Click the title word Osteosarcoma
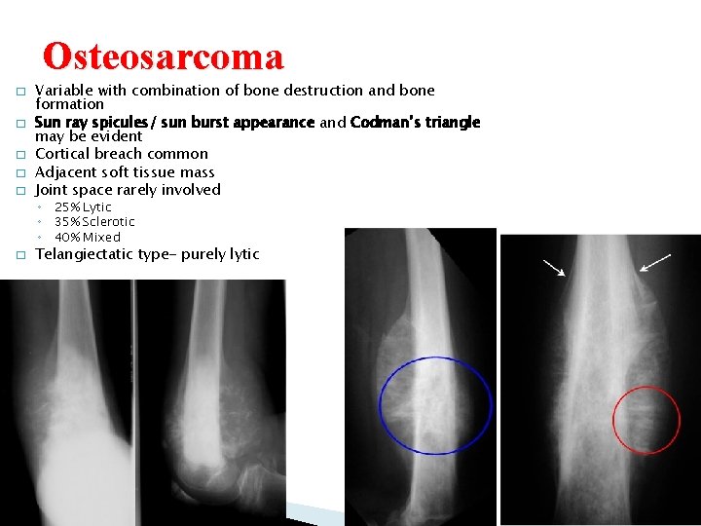point(164,57)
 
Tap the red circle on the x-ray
point(646,420)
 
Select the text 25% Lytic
point(83,207)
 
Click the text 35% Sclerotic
point(94,221)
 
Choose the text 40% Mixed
point(88,237)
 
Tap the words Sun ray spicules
point(89,123)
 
